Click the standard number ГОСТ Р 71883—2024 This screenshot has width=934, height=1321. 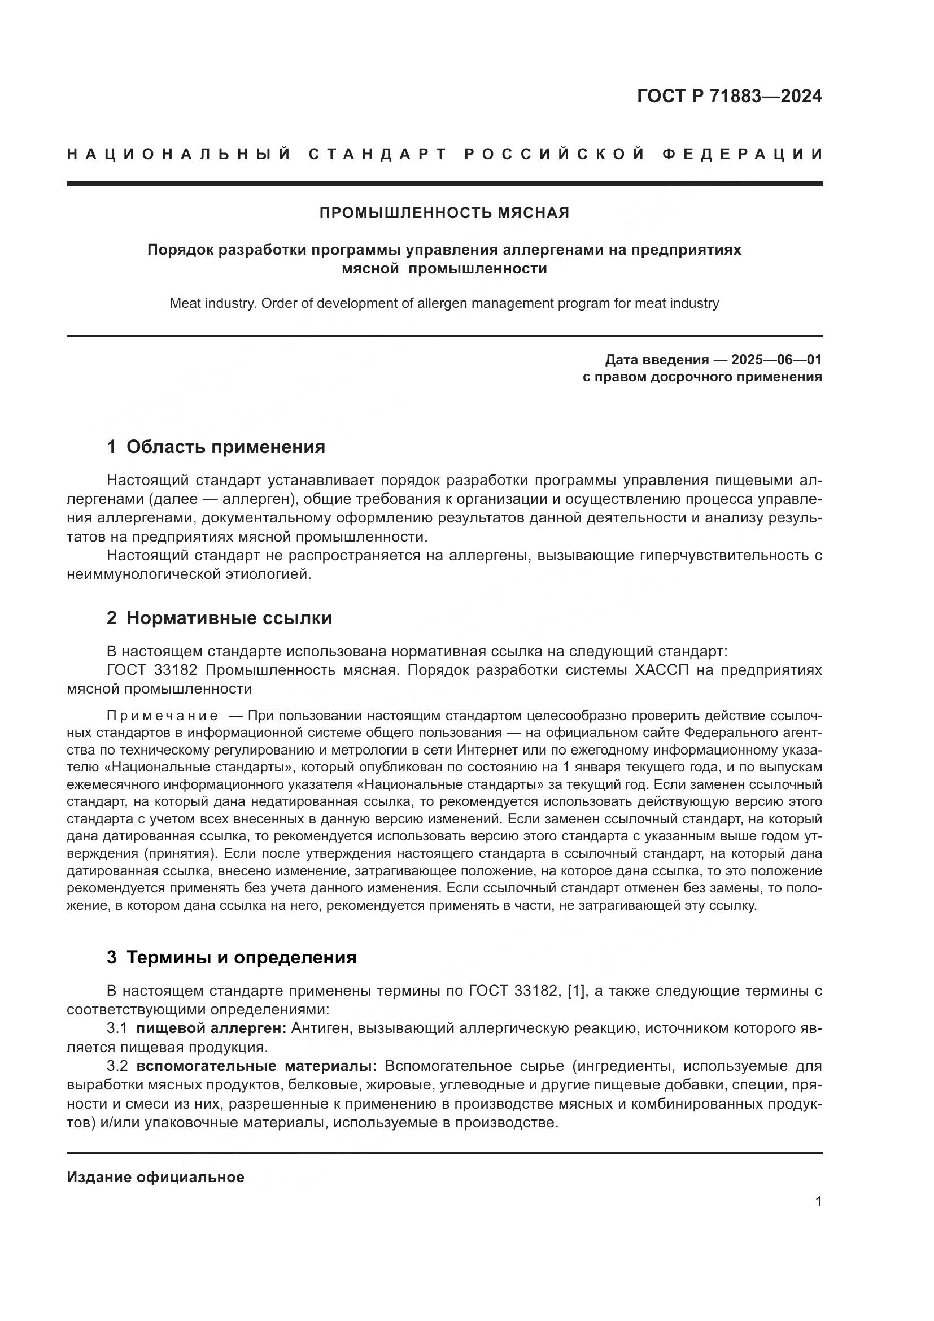[729, 96]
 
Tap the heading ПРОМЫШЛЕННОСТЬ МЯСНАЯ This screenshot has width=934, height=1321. [444, 213]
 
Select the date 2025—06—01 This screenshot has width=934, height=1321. [776, 360]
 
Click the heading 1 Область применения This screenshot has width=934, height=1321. [216, 447]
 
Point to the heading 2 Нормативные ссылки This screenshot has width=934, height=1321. [219, 618]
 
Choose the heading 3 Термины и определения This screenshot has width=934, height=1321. [231, 957]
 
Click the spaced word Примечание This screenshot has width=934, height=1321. [163, 716]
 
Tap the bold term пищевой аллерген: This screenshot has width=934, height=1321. [211, 1028]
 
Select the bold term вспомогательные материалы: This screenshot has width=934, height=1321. [256, 1066]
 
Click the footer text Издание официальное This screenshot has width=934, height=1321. [155, 1177]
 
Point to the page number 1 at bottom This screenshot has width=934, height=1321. [818, 1202]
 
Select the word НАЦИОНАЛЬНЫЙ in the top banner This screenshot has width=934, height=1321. [180, 154]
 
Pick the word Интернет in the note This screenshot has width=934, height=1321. [483, 750]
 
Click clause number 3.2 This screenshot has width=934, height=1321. [117, 1066]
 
